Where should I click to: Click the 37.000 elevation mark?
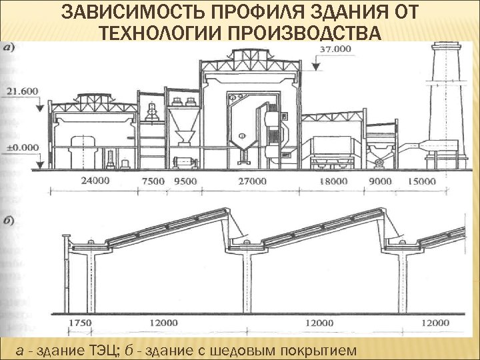pyautogui.click(x=335, y=49)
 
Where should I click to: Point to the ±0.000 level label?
pyautogui.click(x=22, y=147)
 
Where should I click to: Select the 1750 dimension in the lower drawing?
pyautogui.click(x=81, y=322)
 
